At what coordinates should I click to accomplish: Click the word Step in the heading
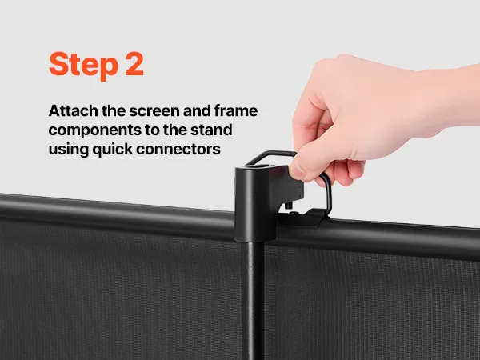83,66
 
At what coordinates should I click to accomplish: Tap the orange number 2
134,64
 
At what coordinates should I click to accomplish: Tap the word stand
211,130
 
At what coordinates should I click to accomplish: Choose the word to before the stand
150,130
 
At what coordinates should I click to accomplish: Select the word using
69,150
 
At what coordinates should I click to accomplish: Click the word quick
113,150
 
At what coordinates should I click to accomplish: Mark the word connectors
178,150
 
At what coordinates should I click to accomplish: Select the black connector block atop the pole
256,202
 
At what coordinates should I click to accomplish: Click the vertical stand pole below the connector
252,300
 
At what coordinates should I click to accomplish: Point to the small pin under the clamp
288,206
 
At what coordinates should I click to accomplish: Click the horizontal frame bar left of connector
117,216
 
